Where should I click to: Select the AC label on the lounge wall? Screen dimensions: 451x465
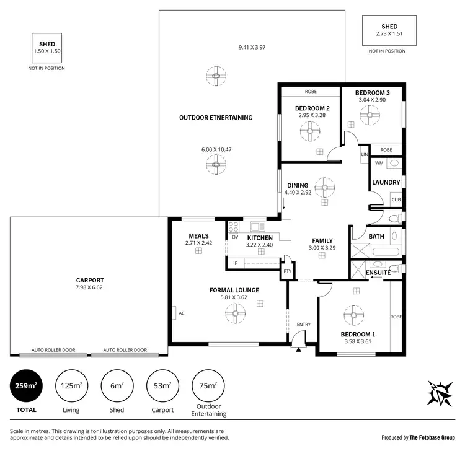(x=182, y=313)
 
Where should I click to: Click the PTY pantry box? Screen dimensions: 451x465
(x=287, y=271)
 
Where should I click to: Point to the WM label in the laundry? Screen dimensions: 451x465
(x=379, y=163)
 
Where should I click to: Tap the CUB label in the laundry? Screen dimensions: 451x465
(x=395, y=199)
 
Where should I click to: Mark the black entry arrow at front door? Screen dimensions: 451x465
(x=299, y=349)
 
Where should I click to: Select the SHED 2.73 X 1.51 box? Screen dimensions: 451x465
(x=389, y=30)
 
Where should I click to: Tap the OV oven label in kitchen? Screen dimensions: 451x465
(x=235, y=237)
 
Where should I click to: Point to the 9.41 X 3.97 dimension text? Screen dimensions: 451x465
(x=252, y=47)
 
